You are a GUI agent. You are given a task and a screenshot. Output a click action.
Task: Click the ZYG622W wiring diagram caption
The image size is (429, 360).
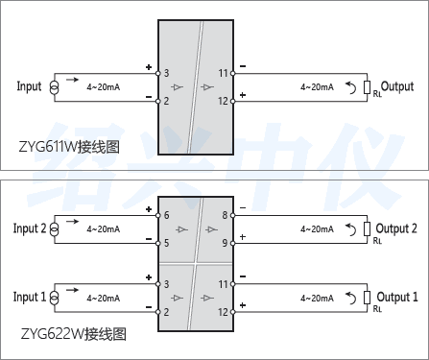73,336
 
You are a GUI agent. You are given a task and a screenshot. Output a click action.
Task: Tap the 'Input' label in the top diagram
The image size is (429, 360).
30,86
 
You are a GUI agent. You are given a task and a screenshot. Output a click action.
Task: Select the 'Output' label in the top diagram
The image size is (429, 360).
397,86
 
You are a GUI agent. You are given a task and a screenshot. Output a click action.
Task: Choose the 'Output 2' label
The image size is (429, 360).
396,228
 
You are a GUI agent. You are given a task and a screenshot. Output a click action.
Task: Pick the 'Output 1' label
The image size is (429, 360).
396,298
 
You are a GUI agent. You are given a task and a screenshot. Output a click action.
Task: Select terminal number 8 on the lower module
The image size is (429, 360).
225,215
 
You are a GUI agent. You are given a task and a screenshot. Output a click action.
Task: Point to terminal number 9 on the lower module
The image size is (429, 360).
225,243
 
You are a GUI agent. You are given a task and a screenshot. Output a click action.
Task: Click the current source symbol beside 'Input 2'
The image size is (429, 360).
56,229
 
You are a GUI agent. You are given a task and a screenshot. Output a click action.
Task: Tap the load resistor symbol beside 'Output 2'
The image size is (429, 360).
367,229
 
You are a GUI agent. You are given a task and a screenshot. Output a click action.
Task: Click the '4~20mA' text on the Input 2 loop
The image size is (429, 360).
103,229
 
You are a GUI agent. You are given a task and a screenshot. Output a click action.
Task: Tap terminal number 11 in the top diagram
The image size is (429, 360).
223,73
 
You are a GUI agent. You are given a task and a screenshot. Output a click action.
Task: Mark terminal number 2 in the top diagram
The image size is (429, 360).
166,101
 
